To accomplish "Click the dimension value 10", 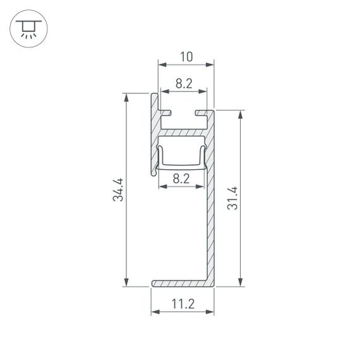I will tap(186, 57).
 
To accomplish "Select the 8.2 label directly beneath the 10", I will tap(183, 82).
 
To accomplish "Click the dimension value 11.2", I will tap(182, 304).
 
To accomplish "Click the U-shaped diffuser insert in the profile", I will tap(183, 165).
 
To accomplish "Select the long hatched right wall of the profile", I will tap(210, 202).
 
